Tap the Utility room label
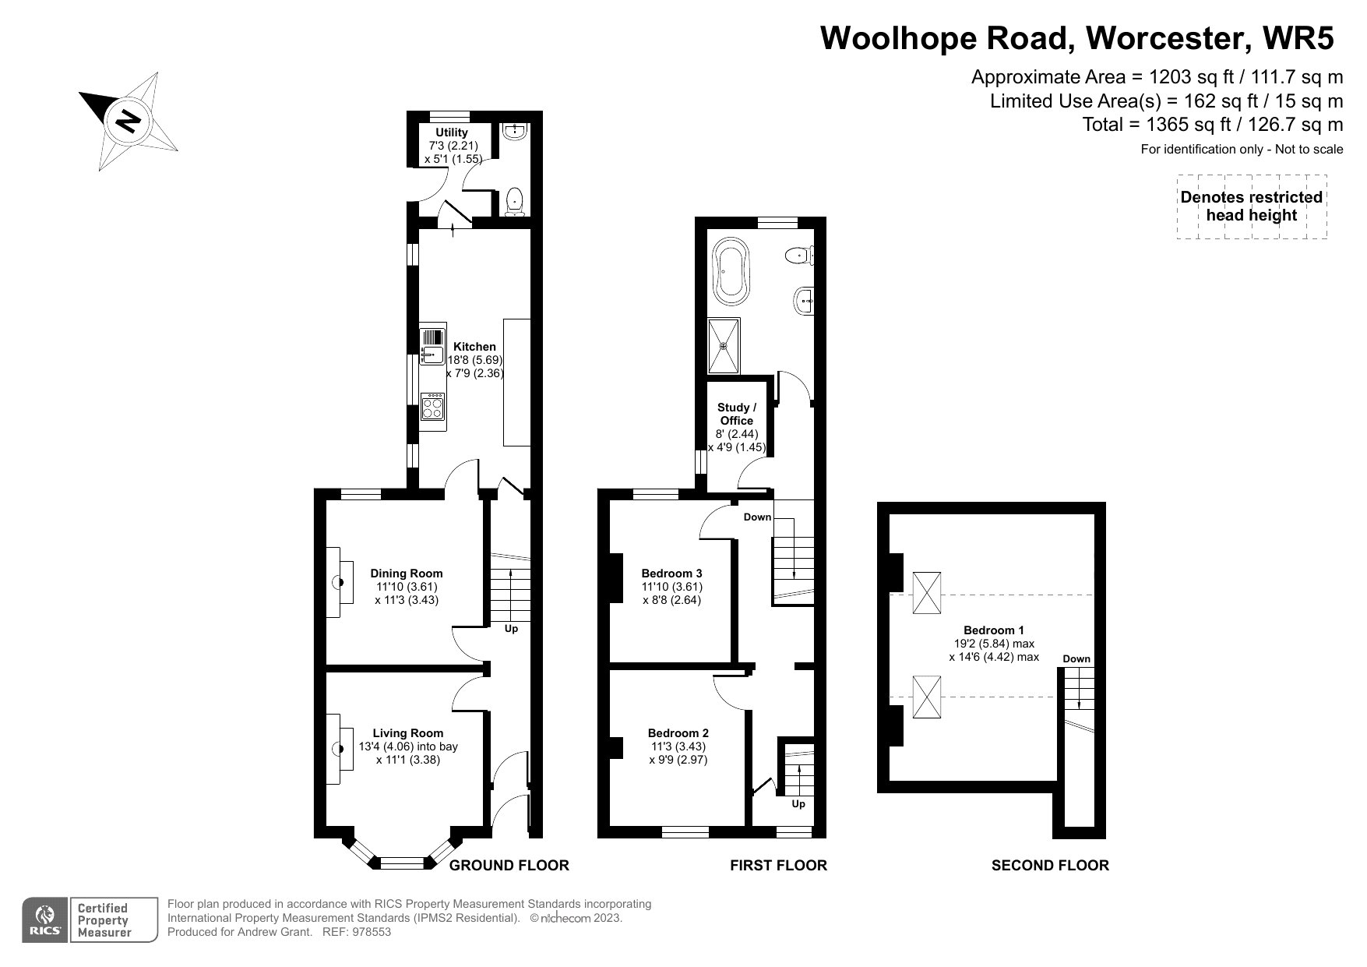[x=452, y=132]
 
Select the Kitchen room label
[x=474, y=347]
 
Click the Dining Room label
[x=407, y=573]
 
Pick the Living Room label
[x=408, y=733]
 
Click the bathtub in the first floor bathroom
[x=731, y=270]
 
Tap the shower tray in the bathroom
[x=724, y=345]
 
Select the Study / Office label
[x=737, y=414]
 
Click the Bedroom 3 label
[x=672, y=573]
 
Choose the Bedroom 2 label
[x=678, y=733]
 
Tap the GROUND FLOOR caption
[x=509, y=865]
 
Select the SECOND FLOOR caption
[x=1050, y=865]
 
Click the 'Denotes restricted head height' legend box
[x=1252, y=206]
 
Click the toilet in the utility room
[x=515, y=202]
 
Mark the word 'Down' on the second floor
[x=1077, y=659]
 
